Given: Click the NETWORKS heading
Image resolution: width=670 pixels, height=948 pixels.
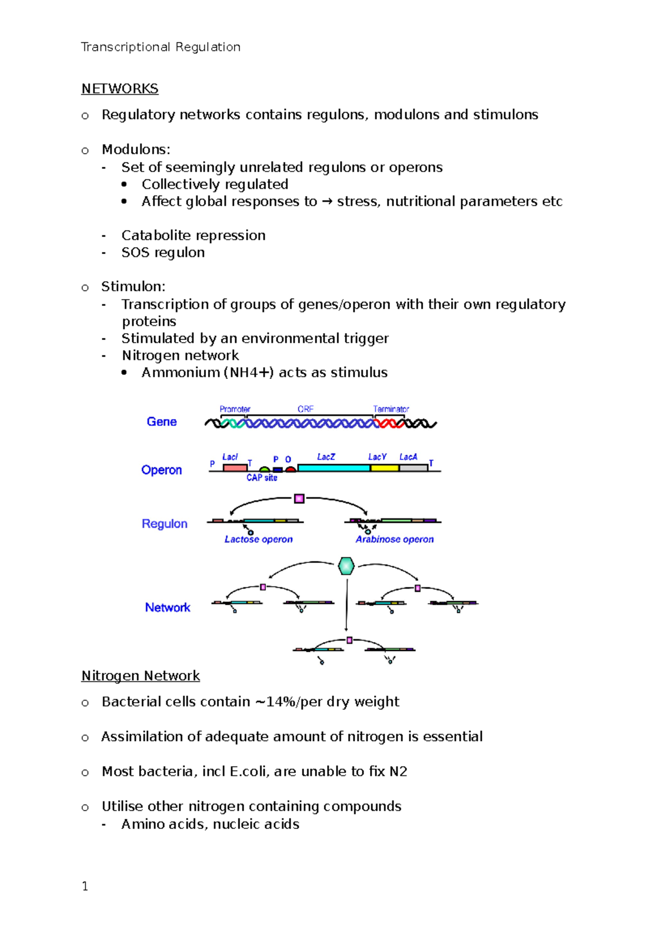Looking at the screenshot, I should click(x=119, y=89).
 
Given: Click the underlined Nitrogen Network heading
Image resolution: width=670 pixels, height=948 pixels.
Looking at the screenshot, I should click(x=140, y=676).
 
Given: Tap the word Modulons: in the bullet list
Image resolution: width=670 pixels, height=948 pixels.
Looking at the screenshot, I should click(x=136, y=150).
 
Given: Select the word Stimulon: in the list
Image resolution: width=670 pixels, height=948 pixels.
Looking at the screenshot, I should click(x=133, y=287).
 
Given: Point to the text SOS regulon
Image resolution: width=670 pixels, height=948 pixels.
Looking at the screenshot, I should click(x=162, y=253).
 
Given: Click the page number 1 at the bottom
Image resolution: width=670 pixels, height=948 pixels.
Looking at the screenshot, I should click(x=85, y=887).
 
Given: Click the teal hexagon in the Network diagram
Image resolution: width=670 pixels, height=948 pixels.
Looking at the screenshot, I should click(x=346, y=566).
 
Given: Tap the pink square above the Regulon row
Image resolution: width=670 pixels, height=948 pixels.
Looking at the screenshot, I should click(x=299, y=498).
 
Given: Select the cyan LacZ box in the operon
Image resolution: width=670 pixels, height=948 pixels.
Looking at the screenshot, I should click(x=333, y=468).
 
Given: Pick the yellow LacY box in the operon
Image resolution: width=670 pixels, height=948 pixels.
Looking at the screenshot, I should click(x=384, y=468).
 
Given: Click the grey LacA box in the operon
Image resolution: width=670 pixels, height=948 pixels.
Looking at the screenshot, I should click(x=413, y=468).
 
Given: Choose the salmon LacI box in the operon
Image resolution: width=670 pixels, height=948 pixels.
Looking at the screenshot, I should click(x=234, y=468).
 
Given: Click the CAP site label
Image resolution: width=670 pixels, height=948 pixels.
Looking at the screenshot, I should click(x=262, y=478).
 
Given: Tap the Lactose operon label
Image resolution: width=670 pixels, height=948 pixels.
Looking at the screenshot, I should click(x=259, y=539).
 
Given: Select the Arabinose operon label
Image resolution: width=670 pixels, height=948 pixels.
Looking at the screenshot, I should click(x=394, y=539).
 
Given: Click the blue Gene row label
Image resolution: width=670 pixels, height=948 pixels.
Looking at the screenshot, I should click(x=161, y=422).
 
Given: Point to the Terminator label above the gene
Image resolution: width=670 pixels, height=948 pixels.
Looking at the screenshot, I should click(x=391, y=409).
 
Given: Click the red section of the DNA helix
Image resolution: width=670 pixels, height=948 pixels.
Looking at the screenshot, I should click(x=389, y=424).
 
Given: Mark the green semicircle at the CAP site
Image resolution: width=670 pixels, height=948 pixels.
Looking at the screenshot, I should click(x=265, y=470).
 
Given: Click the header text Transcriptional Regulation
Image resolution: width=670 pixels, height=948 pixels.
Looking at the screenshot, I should click(x=160, y=47).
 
